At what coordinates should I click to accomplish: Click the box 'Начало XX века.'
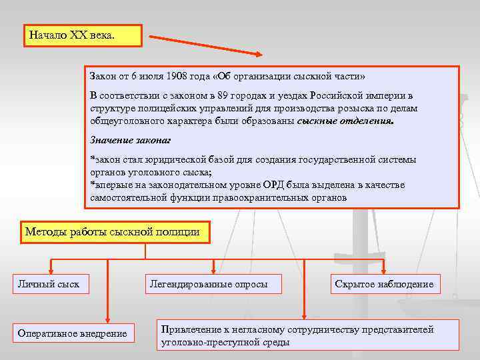(x=83, y=35)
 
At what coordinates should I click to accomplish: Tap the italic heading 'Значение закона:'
(x=131, y=140)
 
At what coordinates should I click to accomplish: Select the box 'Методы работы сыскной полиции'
(x=115, y=232)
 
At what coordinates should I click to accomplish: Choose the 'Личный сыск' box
(x=48, y=284)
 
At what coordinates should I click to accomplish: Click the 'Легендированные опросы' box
(x=209, y=284)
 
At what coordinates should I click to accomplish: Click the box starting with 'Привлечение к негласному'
(x=307, y=335)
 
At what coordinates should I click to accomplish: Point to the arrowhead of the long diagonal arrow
(x=258, y=55)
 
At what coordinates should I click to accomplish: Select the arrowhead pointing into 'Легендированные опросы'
(x=213, y=269)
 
